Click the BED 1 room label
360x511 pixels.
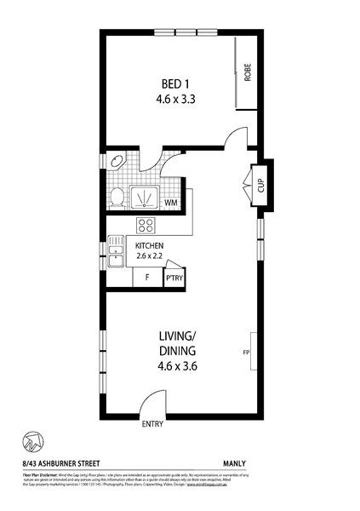pos(176,83)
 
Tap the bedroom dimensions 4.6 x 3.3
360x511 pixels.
pos(176,99)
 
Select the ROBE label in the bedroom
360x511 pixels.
pos(248,72)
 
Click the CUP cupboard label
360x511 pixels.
pos(260,185)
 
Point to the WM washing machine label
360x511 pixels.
pos(170,203)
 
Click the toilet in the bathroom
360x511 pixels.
pos(117,198)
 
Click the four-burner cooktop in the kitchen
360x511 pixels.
pos(146,227)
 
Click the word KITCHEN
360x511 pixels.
pos(150,246)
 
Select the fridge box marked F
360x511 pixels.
pos(147,278)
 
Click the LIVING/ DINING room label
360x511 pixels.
pos(177,343)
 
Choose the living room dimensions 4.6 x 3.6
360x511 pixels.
pos(177,368)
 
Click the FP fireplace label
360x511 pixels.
pos(247,350)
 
